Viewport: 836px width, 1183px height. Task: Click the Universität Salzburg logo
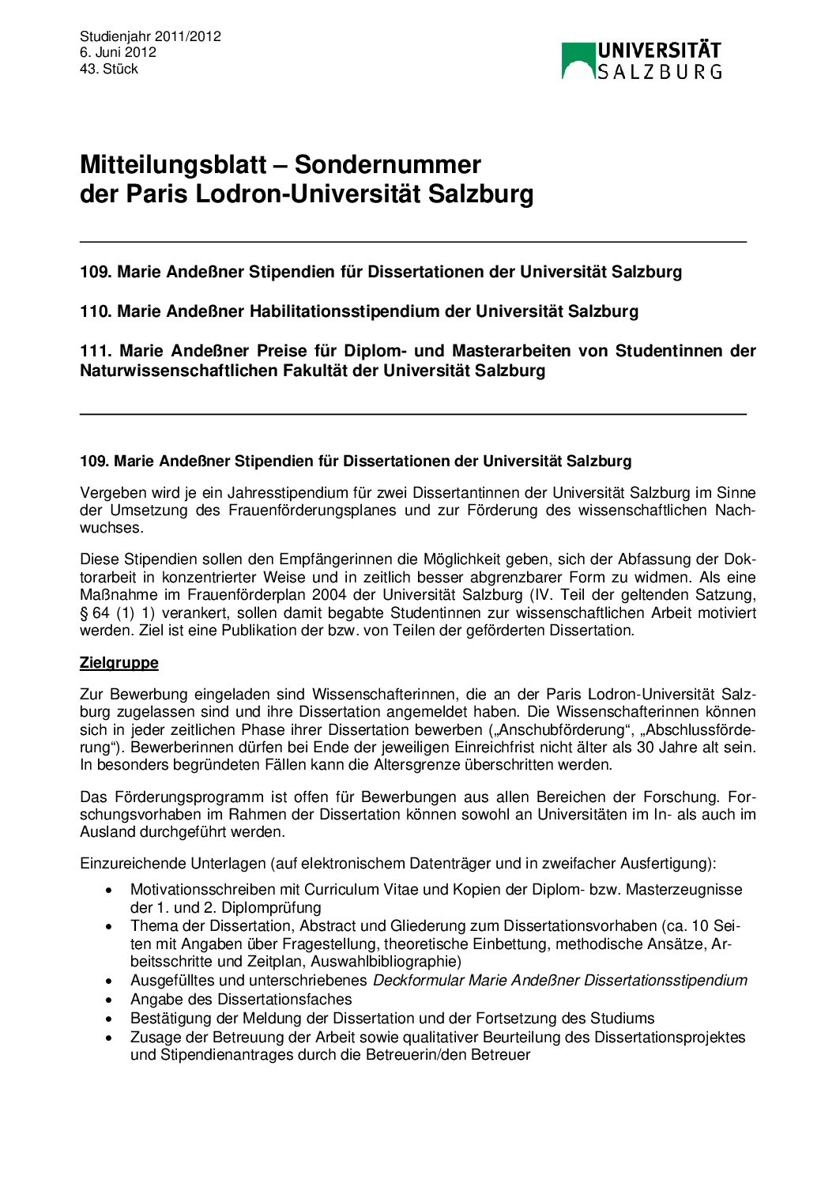point(642,61)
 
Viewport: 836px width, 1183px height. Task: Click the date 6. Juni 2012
point(118,52)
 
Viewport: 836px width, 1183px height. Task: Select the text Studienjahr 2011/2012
point(150,36)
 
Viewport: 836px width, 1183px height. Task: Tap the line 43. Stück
point(108,69)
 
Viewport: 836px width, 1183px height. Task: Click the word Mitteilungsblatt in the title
point(173,164)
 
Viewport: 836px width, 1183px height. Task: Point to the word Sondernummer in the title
point(387,164)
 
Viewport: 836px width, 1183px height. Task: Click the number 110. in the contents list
point(96,311)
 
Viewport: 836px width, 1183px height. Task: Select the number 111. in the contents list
point(96,351)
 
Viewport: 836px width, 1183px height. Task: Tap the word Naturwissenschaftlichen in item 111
point(179,371)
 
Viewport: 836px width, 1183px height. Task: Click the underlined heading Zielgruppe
point(119,663)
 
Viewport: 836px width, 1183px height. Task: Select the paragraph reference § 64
point(95,613)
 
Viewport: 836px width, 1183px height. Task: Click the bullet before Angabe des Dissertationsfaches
point(109,1000)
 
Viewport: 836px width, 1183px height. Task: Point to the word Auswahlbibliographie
point(384,962)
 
